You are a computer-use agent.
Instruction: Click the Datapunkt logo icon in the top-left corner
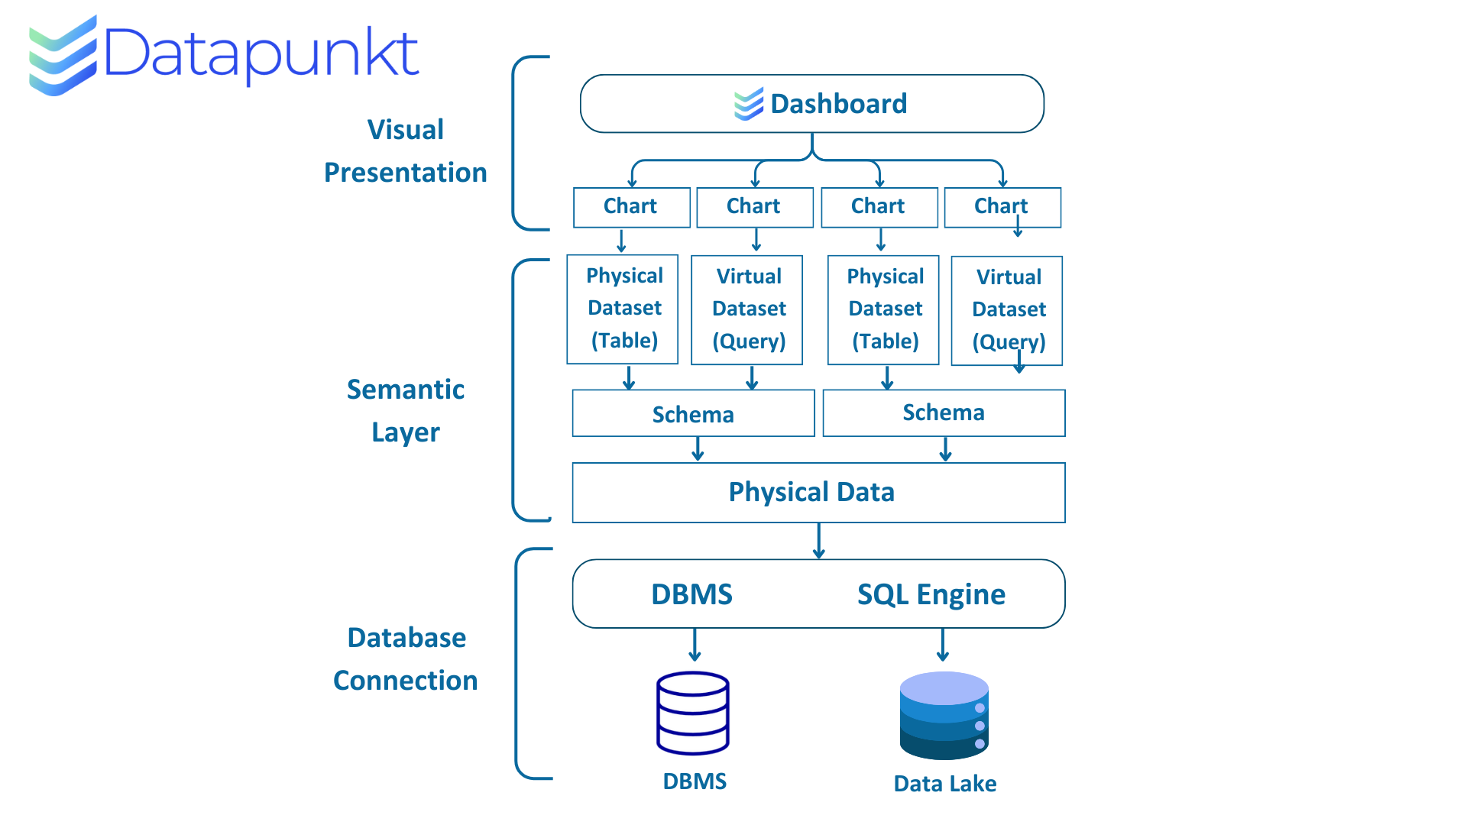[x=63, y=56]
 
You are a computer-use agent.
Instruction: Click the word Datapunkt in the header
[x=261, y=54]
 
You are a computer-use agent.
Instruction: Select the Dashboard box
[x=812, y=104]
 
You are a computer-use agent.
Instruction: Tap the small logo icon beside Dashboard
[x=749, y=104]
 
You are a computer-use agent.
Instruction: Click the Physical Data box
[x=818, y=493]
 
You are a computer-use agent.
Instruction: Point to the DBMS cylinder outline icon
[x=693, y=713]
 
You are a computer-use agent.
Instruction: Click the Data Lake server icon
[x=944, y=715]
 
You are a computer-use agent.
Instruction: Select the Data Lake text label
[x=945, y=784]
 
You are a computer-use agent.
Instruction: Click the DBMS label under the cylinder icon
[x=695, y=781]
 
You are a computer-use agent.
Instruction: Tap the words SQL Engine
[x=931, y=594]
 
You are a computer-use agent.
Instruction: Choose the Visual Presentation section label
[x=406, y=151]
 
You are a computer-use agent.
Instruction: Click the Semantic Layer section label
[x=406, y=411]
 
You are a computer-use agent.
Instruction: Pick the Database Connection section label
[x=406, y=659]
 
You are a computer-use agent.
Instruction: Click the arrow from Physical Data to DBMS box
[x=819, y=541]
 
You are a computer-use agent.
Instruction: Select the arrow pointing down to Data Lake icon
[x=943, y=645]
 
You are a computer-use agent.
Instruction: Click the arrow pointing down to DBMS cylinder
[x=695, y=645]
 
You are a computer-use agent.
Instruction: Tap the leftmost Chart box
[x=632, y=207]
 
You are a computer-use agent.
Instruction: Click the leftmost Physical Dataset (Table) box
[x=623, y=309]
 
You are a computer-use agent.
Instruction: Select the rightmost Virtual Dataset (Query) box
[x=1007, y=311]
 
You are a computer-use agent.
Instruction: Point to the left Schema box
[x=694, y=413]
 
